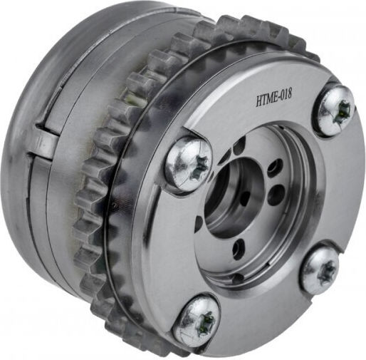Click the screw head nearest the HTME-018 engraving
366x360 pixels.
335,110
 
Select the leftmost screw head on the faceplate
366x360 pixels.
189,164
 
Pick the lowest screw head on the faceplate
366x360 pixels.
197,319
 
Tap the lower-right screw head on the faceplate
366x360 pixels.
321,270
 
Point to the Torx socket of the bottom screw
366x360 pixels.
206,322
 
